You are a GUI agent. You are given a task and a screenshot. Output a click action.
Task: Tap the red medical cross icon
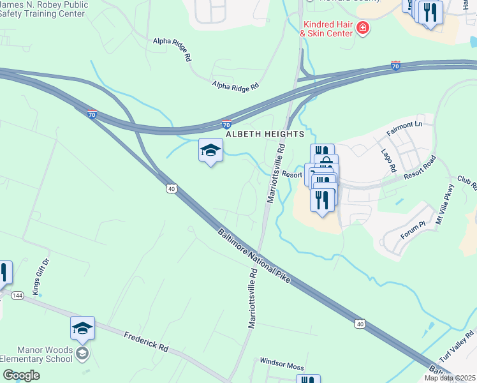coord(363,27)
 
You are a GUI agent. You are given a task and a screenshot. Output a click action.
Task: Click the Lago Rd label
coord(392,161)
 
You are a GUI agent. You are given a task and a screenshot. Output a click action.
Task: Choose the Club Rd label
coord(467,183)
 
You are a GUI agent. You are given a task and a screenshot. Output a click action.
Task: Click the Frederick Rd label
coord(146,341)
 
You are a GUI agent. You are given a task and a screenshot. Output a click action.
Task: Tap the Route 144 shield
coord(17,296)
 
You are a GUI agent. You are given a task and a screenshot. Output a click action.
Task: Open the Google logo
coord(21,375)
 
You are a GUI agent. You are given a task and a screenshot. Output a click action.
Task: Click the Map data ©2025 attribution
coord(449,378)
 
